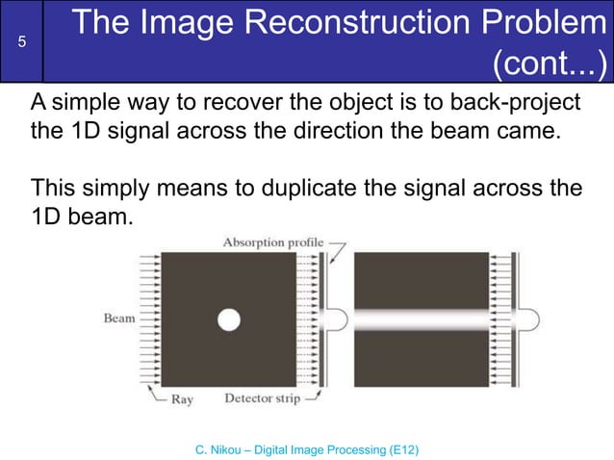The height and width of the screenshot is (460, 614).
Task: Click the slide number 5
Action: point(21,41)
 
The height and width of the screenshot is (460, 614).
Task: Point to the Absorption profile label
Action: point(273,243)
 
